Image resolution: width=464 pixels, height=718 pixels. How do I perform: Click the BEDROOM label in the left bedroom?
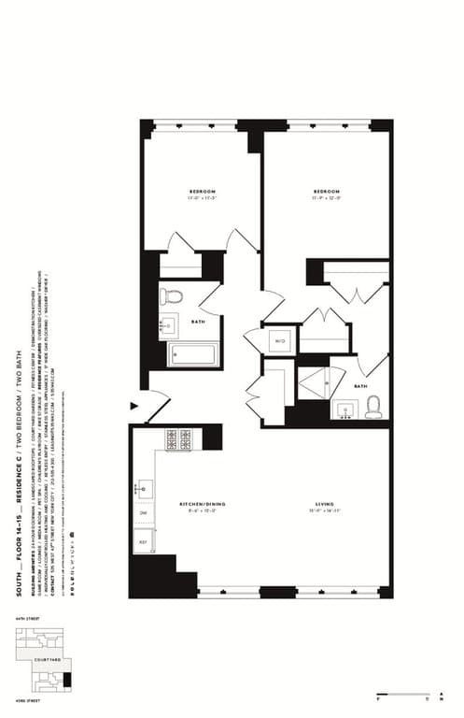click(202, 192)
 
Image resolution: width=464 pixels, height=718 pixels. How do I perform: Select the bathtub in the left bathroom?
click(191, 354)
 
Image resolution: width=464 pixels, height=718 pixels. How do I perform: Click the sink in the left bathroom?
click(169, 326)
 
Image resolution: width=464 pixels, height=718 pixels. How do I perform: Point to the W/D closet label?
click(280, 341)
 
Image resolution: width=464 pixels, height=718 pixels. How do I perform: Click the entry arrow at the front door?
click(134, 406)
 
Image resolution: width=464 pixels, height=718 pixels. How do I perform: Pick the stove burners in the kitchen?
click(178, 438)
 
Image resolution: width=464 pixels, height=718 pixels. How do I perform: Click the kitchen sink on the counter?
click(145, 488)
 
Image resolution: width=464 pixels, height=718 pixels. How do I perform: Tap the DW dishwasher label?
click(144, 513)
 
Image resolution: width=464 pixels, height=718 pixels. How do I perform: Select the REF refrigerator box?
click(144, 541)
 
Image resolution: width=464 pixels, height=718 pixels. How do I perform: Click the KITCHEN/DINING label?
click(203, 505)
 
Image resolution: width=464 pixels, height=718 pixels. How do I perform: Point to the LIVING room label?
click(324, 505)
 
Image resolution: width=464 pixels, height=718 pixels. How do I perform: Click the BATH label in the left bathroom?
click(198, 322)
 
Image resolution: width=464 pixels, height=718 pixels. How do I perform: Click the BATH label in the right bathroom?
click(360, 386)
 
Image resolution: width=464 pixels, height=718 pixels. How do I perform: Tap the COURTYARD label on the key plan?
click(47, 659)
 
